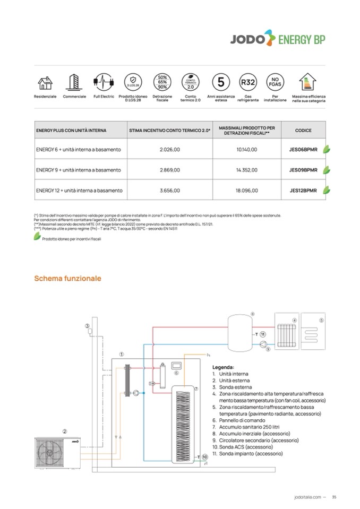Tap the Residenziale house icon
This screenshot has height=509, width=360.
click(45, 83)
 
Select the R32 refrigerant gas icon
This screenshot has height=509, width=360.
click(247, 83)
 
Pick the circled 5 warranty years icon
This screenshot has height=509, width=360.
click(220, 83)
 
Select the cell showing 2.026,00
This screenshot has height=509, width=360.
click(170, 150)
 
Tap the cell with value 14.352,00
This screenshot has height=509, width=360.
click(246, 170)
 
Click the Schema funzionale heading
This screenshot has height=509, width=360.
click(67, 278)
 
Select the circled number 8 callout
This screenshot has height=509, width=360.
click(252, 314)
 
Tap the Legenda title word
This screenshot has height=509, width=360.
click(223, 367)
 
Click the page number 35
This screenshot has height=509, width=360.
click(334, 497)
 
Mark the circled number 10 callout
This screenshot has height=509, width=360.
click(204, 456)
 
